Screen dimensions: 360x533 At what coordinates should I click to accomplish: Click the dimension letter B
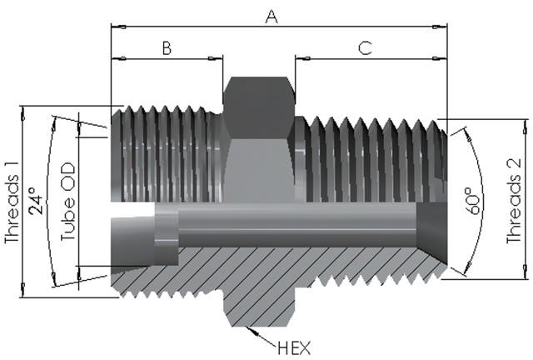(166, 47)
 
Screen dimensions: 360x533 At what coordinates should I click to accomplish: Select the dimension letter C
(365, 47)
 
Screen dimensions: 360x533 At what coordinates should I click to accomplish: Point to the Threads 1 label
(11, 200)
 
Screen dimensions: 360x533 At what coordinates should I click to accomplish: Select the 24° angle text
(34, 202)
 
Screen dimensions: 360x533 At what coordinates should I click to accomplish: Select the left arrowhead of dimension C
(298, 58)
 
